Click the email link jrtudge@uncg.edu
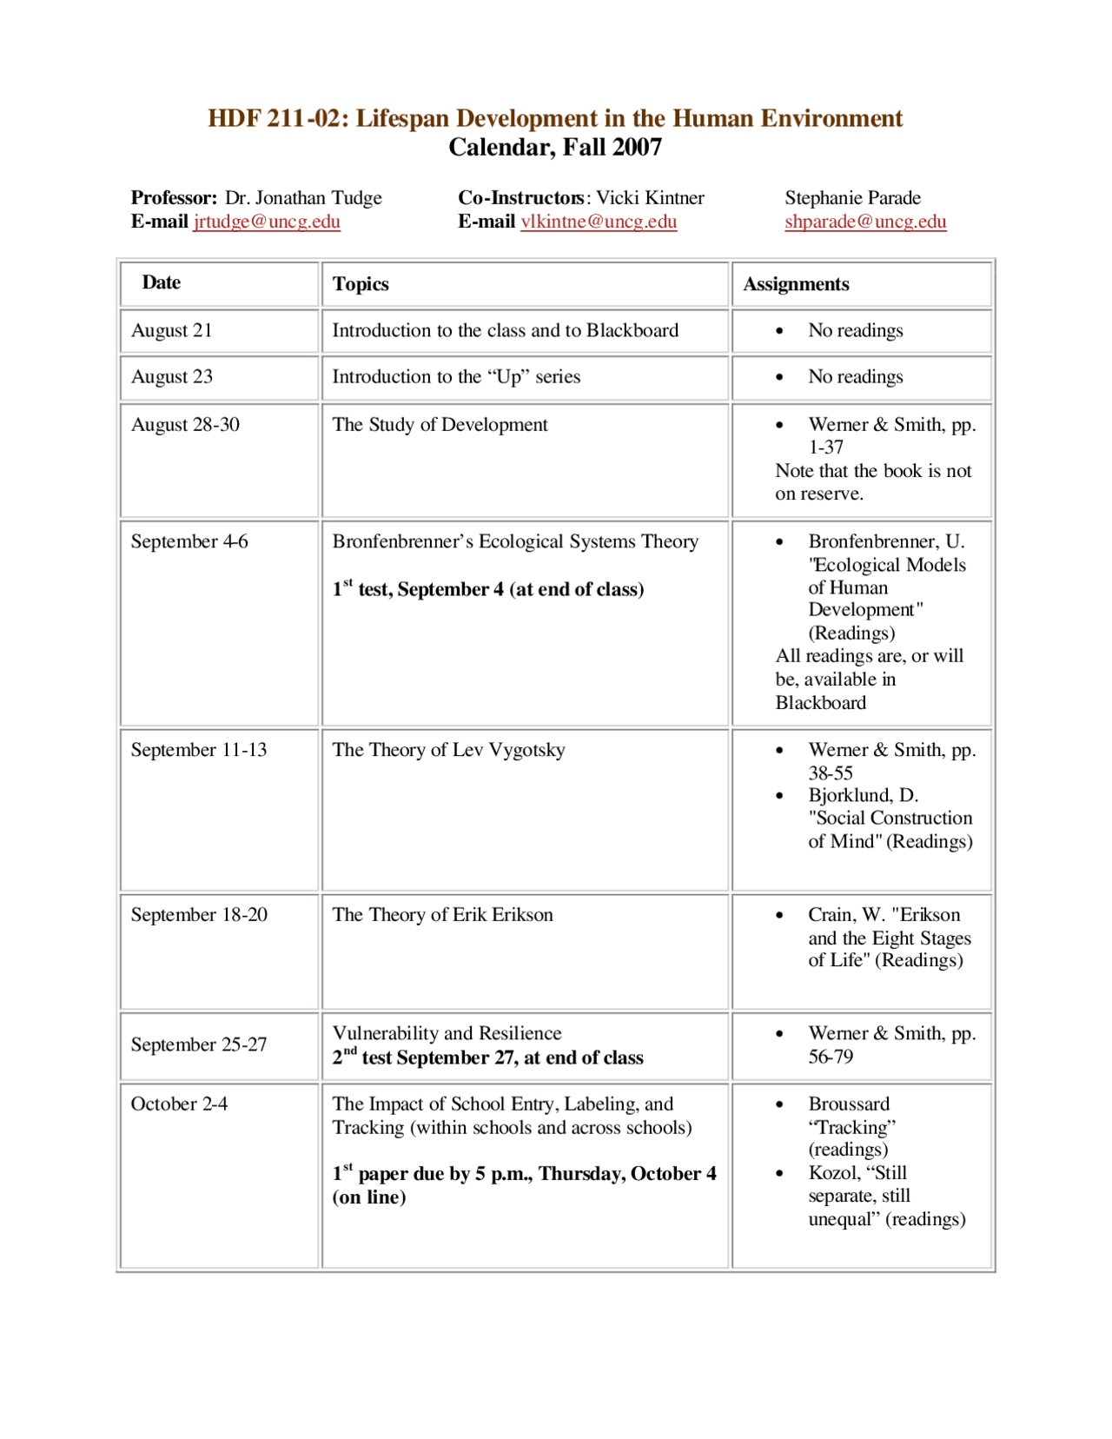pos(266,222)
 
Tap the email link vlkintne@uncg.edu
pos(599,222)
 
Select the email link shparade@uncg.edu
pos(865,222)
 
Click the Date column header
pos(162,282)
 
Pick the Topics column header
pos(361,284)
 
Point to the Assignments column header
pos(796,284)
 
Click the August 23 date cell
pos(172,376)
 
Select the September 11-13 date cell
pos(199,750)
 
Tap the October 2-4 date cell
pos(179,1104)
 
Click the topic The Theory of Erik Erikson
pos(442,914)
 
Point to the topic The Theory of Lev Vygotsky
pos(448,750)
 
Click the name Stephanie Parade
pos(852,198)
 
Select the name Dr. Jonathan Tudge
pos(303,198)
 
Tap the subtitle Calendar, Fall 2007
pos(555,147)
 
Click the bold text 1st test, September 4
pos(487,589)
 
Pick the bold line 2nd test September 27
pos(487,1058)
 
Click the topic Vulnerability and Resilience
pos(447,1033)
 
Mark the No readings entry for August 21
pos(855,330)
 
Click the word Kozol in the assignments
pos(832,1173)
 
